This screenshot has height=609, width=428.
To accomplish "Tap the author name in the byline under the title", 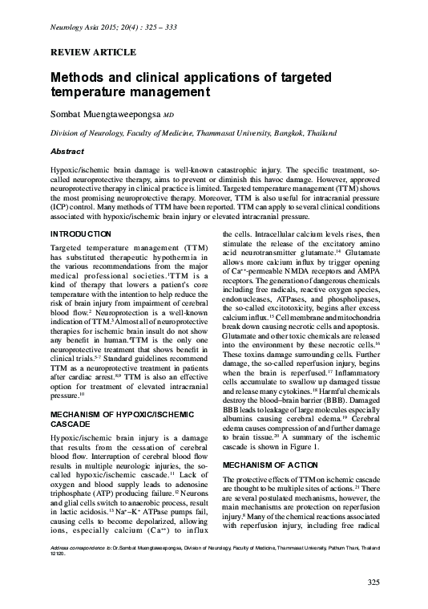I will click(106, 115).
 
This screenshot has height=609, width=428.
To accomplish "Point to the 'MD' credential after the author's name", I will click(169, 116).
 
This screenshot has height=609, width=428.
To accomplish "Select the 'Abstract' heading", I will click(69, 150).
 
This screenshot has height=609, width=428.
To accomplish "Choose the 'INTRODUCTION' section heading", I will click(81, 233).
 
